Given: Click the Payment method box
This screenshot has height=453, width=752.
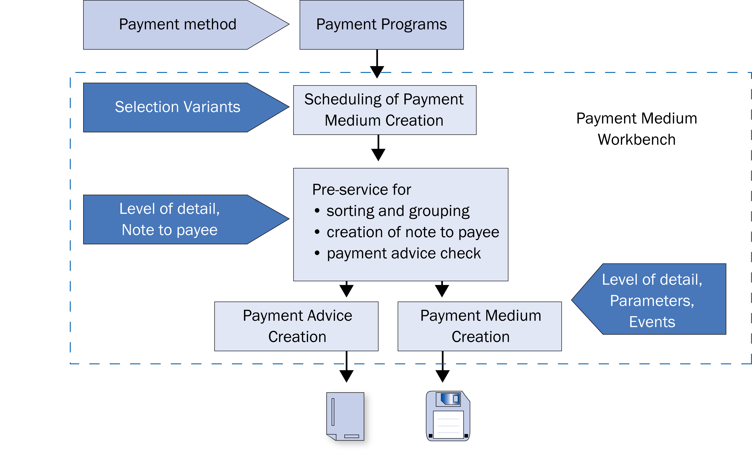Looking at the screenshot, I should [x=178, y=25].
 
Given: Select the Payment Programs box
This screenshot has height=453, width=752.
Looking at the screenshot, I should [x=381, y=25].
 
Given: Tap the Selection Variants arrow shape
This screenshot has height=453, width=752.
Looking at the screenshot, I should [x=178, y=107].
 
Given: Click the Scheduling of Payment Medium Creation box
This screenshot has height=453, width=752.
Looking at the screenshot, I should [x=384, y=110].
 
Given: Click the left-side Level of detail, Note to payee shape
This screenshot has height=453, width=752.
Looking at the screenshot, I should [x=170, y=219].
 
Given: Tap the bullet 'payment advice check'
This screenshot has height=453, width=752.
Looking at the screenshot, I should [x=403, y=253].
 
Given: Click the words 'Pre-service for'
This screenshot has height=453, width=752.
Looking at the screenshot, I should [x=362, y=190].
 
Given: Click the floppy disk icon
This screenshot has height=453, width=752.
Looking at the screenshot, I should [x=448, y=416].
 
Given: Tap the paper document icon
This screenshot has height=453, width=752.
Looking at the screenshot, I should [x=345, y=416].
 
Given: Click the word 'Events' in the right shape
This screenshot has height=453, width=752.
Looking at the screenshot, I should [x=652, y=322].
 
